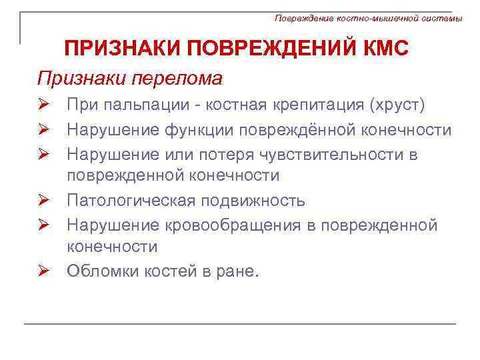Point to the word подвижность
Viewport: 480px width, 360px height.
pos(257,201)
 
